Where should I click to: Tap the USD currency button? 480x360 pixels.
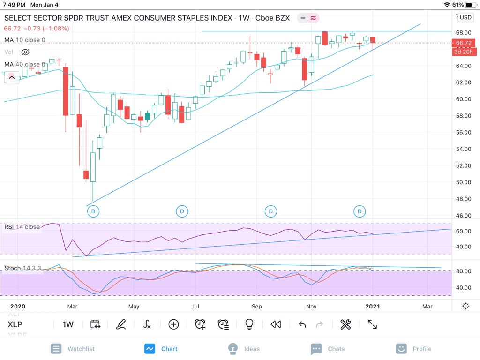[x=465, y=17]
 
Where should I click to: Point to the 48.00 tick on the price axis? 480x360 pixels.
[x=463, y=199]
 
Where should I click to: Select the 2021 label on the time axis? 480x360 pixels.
[x=373, y=307]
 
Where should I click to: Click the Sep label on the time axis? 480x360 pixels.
[x=256, y=307]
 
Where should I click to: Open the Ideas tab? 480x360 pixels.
[x=244, y=349]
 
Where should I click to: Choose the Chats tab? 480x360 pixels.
[x=328, y=349]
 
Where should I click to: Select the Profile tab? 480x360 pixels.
[x=414, y=349]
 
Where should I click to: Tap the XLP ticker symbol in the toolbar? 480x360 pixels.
[x=15, y=324]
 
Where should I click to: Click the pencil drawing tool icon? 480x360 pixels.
[x=121, y=324]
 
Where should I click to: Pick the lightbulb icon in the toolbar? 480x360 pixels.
[x=249, y=324]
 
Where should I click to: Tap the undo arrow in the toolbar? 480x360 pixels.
[x=302, y=324]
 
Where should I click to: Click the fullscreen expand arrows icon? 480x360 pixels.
[x=372, y=324]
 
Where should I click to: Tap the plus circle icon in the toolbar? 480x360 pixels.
[x=174, y=324]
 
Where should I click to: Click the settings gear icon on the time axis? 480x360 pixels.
[x=465, y=306]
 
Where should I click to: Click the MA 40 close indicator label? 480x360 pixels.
[x=24, y=64]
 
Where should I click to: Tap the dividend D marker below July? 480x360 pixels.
[x=181, y=211]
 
